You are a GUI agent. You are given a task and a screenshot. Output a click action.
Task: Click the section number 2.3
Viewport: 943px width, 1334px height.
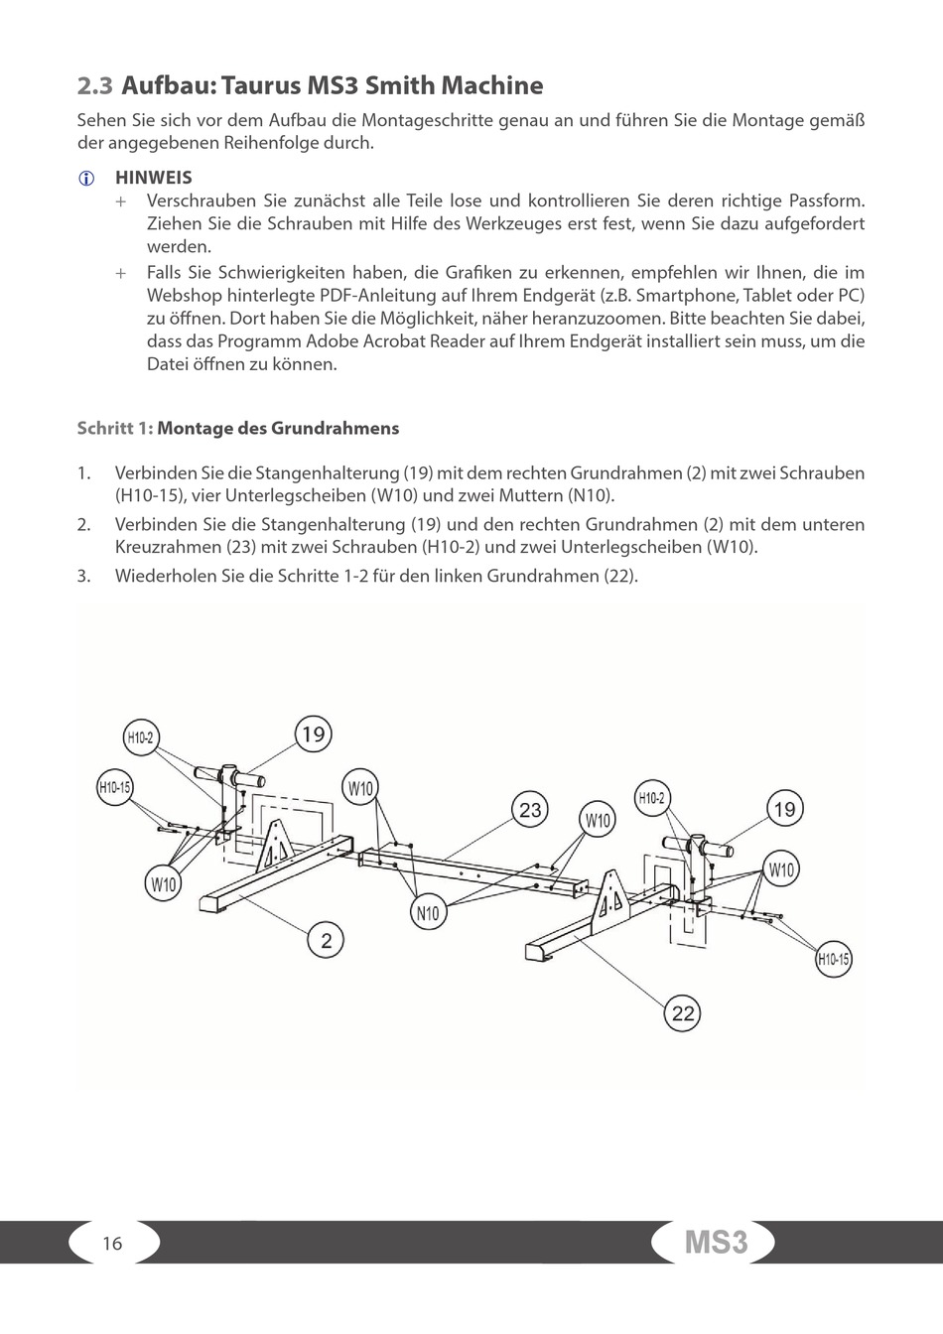click(95, 86)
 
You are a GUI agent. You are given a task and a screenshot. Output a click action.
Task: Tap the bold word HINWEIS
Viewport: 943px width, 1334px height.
click(154, 178)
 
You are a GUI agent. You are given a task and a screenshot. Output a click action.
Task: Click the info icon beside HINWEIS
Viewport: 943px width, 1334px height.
click(86, 179)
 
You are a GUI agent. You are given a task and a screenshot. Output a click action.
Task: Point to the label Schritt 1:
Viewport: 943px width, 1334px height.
click(115, 429)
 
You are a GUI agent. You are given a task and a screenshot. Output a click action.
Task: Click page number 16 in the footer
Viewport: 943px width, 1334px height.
click(112, 1244)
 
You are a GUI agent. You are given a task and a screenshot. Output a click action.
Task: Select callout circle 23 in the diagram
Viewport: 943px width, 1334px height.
click(530, 810)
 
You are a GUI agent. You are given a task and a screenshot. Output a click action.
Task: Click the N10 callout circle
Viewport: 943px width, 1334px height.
click(428, 913)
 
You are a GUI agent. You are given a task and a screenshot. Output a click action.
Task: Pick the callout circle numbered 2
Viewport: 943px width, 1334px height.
click(326, 939)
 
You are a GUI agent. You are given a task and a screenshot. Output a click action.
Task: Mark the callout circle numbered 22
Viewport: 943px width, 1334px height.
click(683, 1013)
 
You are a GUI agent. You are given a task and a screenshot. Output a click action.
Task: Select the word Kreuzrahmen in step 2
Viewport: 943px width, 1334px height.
click(161, 547)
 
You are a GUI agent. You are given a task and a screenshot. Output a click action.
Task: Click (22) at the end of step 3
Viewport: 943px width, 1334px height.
click(620, 576)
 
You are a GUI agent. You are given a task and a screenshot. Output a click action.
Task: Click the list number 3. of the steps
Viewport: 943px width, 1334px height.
click(84, 576)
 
